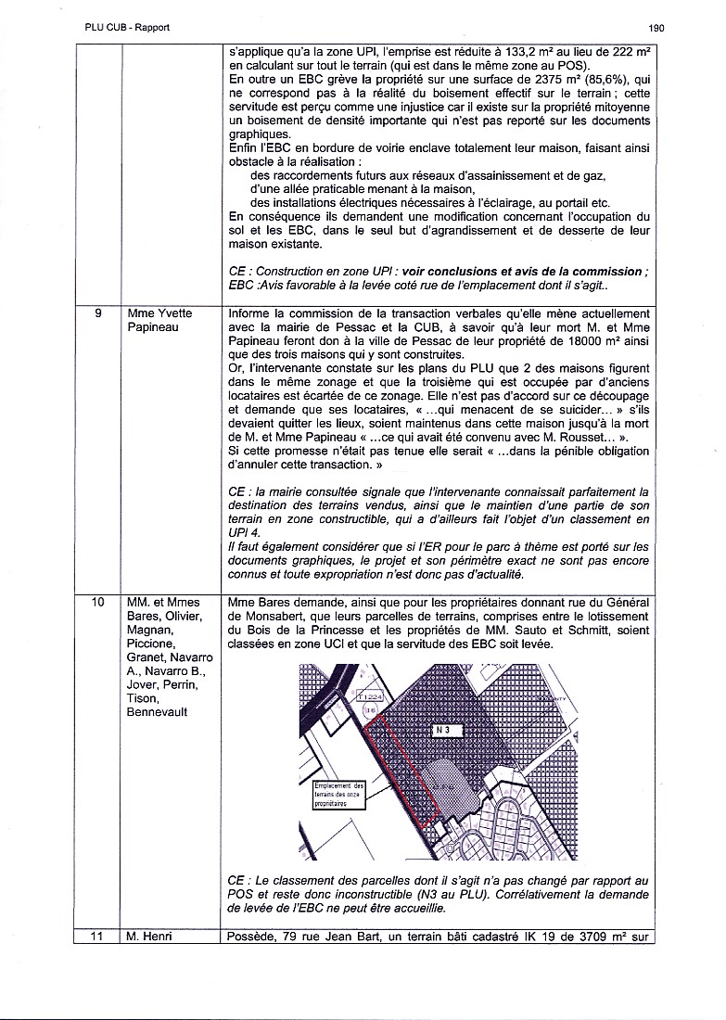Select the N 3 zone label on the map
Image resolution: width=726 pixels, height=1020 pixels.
(443, 730)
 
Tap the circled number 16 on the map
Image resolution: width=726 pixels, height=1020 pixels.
(370, 709)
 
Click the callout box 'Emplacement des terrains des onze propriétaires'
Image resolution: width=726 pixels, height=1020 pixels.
(340, 795)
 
